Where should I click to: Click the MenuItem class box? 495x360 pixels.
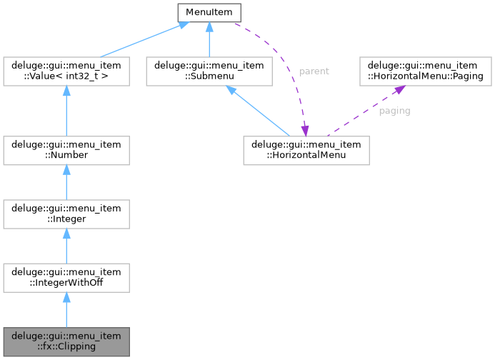209,12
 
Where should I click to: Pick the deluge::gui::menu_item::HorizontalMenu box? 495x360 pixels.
306,149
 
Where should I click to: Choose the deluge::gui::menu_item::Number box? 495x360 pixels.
66,149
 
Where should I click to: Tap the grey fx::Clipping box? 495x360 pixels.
66,341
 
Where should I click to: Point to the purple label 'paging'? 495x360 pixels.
394,111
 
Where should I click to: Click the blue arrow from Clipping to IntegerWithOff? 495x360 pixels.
66,310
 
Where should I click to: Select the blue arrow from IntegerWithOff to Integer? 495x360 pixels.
66,244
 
